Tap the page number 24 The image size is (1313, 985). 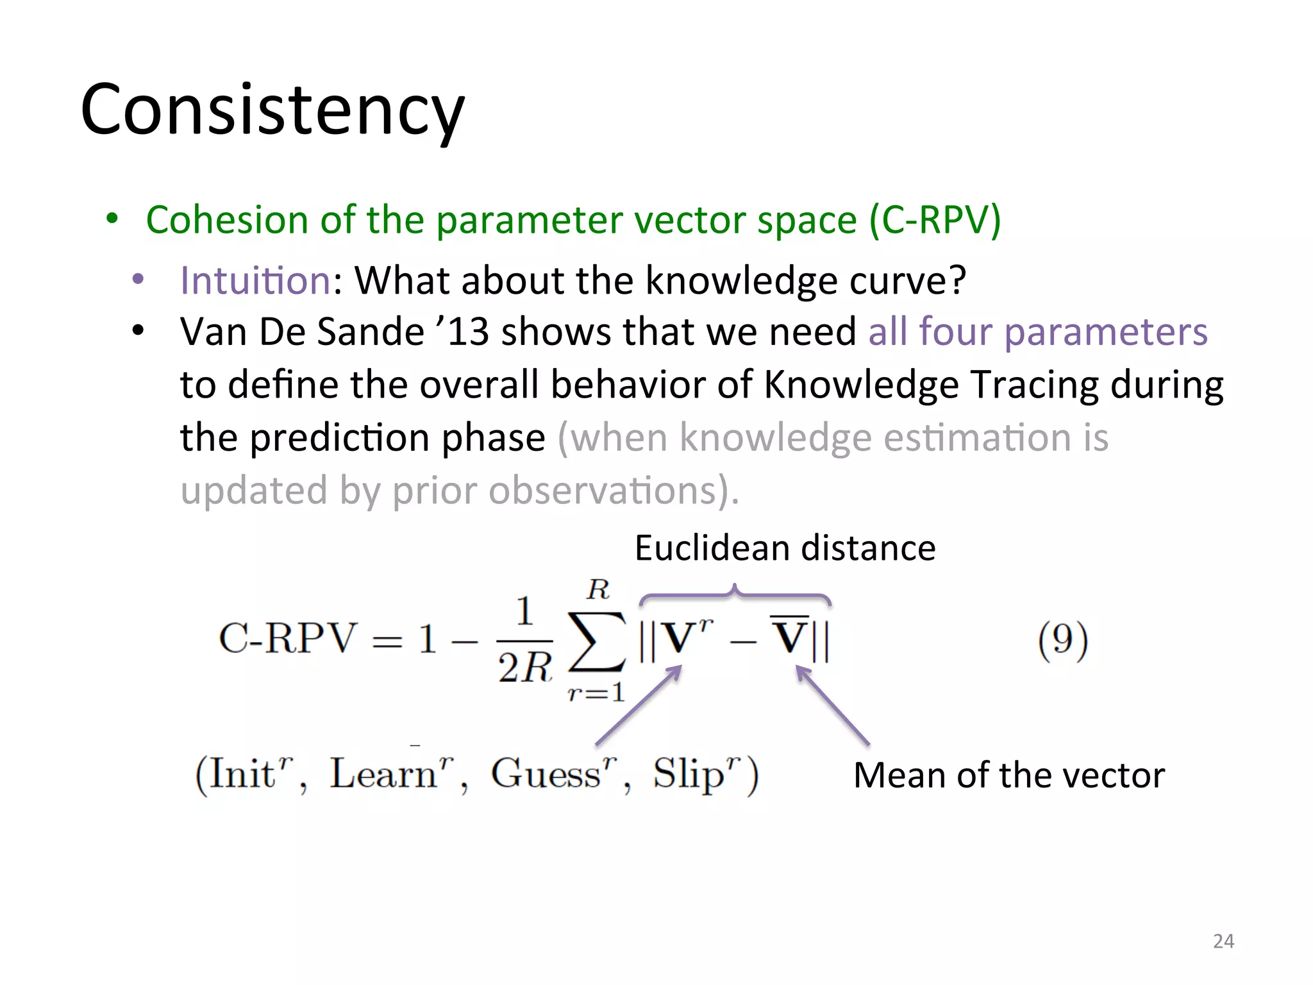tap(1223, 941)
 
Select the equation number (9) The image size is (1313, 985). tap(1062, 639)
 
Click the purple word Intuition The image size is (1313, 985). tap(255, 280)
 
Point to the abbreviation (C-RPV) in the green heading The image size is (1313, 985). tap(935, 220)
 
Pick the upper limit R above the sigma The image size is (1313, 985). tap(598, 589)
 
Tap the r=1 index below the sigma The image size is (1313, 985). tap(596, 692)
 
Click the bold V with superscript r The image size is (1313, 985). tap(683, 638)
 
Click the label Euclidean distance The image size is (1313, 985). tap(785, 548)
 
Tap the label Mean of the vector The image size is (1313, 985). tap(1008, 775)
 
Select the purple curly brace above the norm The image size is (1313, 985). tap(735, 596)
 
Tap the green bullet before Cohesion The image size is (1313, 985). tap(113, 219)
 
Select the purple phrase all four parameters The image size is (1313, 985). tap(1037, 332)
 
